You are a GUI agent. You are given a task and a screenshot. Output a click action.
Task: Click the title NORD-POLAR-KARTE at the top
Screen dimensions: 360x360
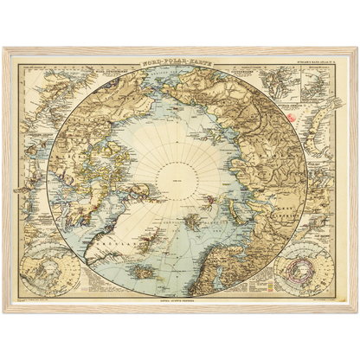coord(180,64)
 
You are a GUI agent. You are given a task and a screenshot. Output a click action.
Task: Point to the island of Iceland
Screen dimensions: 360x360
coord(147,272)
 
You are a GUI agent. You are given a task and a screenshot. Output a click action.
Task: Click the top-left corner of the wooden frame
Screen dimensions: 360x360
coord(4,48)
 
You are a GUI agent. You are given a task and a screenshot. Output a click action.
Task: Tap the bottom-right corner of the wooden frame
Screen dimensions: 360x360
coord(356,312)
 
